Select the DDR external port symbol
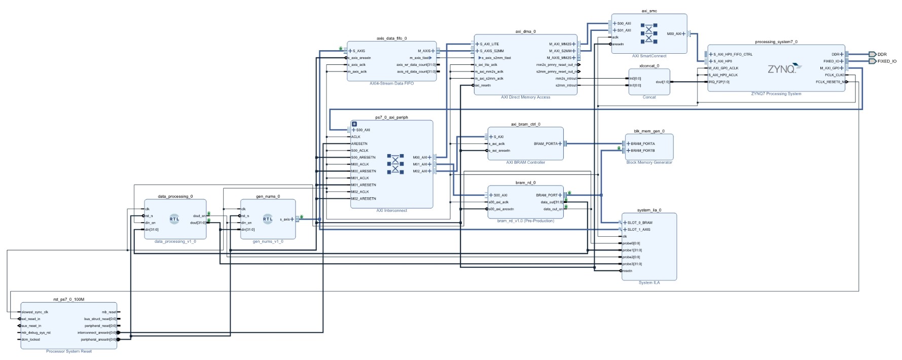tap(872, 54)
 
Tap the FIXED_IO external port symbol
tap(872, 61)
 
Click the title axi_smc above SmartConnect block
tap(649, 11)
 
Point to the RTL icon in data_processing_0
tap(174, 219)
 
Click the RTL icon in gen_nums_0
tap(268, 219)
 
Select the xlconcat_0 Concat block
tap(649, 82)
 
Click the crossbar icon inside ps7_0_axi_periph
tap(395, 164)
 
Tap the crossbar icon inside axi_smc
tap(648, 33)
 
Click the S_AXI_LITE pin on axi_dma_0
tap(489, 44)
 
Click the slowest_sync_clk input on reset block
tap(34, 312)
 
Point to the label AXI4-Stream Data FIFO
tap(391, 83)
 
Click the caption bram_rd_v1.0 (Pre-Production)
tap(525, 221)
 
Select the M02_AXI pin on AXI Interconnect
tap(420, 171)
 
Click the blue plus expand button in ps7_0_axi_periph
tap(354, 124)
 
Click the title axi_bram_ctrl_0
tap(525, 124)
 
